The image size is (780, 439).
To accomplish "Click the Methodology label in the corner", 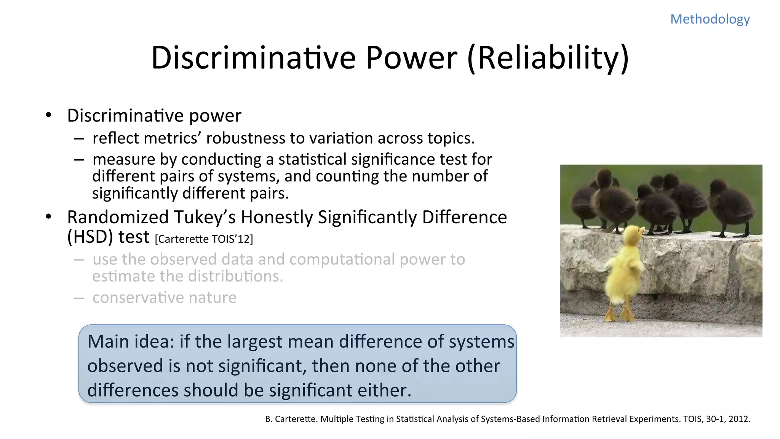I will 710,19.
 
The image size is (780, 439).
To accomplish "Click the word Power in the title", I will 411,58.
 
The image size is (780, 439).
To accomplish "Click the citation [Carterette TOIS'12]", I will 204,239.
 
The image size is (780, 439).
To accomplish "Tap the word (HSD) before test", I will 90,237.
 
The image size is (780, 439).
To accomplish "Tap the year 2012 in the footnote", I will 738,419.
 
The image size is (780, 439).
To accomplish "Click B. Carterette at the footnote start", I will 291,419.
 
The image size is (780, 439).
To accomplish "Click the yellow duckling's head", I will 633,235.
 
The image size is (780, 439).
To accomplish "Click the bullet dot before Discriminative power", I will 48,115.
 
